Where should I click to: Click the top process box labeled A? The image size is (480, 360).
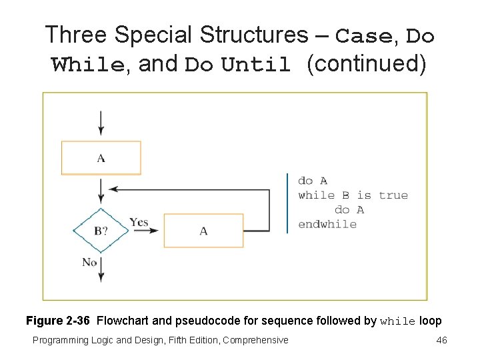coord(101,157)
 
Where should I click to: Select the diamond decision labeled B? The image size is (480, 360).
coord(101,231)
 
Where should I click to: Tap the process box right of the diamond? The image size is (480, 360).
coord(203,231)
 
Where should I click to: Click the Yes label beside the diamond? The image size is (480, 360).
coord(139,222)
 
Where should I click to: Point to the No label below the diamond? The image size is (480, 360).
coord(89,262)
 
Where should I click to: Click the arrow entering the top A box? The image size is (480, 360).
coord(101,123)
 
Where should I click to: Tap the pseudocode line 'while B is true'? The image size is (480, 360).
coord(353,195)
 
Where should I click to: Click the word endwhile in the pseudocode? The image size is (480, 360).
coord(327,224)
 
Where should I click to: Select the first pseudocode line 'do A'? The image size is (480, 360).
coord(313,181)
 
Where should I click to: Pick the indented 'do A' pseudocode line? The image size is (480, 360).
coord(349,210)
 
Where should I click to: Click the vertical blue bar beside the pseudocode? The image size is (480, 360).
coord(287,203)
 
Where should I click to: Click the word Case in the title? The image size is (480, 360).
coord(364,36)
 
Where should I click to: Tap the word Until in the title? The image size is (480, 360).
coord(256,65)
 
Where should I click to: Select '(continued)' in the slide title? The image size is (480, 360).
coord(366,64)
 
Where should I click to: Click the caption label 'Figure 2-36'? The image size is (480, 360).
coord(59,321)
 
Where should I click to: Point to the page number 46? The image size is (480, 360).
coord(441,340)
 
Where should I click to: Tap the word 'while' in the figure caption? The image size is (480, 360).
coord(397,321)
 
